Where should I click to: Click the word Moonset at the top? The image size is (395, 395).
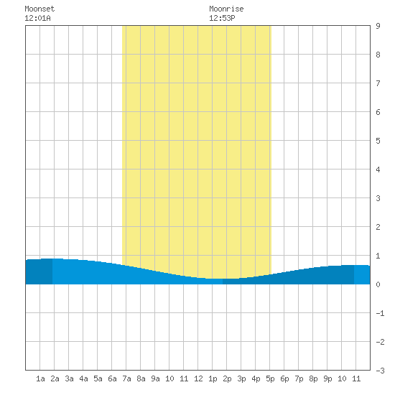(x=39, y=9)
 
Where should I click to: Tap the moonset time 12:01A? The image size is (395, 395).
(x=37, y=18)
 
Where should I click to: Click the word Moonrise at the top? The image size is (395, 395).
(x=226, y=9)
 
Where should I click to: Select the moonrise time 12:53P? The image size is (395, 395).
(x=222, y=18)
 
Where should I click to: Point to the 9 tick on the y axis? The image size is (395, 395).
(x=378, y=26)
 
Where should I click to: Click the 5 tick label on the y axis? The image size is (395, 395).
(x=378, y=141)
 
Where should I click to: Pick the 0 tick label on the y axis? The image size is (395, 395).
(x=378, y=284)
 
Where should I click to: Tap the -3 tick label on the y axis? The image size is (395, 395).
(x=380, y=371)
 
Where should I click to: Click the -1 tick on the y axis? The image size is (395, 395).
(x=380, y=313)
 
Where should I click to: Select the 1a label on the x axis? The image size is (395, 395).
(x=40, y=378)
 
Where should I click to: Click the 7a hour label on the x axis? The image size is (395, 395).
(x=126, y=378)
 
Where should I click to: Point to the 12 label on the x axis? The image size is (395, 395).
(x=198, y=378)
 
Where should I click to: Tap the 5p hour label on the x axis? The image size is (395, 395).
(x=270, y=378)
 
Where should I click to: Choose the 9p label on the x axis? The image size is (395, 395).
(x=327, y=378)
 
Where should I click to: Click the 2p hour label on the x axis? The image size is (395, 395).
(x=227, y=378)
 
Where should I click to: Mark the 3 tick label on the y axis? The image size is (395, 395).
(x=378, y=198)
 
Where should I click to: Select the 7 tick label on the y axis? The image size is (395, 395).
(x=378, y=83)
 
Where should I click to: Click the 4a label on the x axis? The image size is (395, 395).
(x=83, y=378)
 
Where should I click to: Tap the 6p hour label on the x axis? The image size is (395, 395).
(x=284, y=378)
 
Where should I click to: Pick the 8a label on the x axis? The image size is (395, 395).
(x=141, y=378)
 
